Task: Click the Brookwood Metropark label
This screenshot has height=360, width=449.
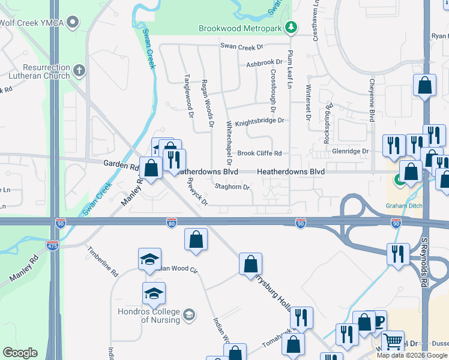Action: click(241, 28)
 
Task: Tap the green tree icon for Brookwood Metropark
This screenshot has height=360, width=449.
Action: click(291, 27)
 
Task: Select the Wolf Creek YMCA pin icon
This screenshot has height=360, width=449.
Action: click(73, 23)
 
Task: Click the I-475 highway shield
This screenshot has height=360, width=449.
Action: click(52, 245)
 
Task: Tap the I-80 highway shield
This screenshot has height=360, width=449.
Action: click(172, 223)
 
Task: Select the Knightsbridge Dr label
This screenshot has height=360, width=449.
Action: click(259, 121)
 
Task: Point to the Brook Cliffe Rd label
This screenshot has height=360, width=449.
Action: click(259, 154)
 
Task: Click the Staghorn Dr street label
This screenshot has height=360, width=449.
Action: click(233, 187)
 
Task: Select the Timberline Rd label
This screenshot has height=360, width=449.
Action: click(103, 260)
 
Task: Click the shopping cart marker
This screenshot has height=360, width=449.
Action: click(393, 342)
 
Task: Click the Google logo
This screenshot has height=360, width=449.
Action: click(20, 353)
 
